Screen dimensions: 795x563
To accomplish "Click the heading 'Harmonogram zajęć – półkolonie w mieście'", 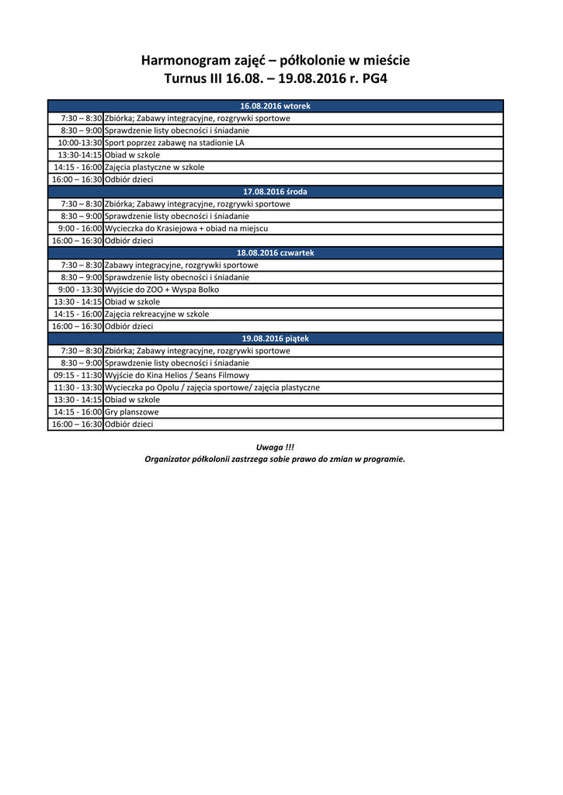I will click(275, 61).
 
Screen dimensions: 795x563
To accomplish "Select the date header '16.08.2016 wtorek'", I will click(275, 106).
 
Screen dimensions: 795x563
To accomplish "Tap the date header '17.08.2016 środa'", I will click(275, 192).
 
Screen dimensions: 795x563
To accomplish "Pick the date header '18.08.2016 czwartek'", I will click(275, 253).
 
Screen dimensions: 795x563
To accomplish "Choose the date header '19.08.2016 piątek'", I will click(275, 338).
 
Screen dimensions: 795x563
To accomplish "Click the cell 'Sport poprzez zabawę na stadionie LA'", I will click(174, 143).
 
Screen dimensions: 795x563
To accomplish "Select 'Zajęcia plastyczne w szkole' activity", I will click(155, 167).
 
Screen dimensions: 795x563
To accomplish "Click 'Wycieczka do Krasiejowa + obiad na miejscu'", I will click(186, 228).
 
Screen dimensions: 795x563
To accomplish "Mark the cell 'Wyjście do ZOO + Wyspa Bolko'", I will click(162, 290).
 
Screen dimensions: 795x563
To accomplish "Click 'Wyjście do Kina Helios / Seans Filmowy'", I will click(177, 375).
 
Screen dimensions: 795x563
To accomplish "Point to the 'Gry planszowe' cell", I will click(131, 412).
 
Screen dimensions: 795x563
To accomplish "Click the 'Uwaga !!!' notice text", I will click(275, 447).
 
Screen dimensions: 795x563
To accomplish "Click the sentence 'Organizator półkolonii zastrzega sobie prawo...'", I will click(275, 459).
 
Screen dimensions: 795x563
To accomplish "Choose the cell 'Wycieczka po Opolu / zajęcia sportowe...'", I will click(212, 387).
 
